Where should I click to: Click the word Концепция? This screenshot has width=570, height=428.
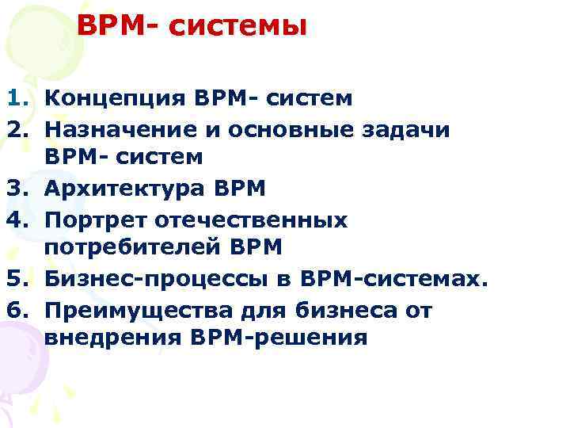[x=112, y=98]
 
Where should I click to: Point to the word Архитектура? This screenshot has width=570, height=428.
[x=126, y=188]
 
